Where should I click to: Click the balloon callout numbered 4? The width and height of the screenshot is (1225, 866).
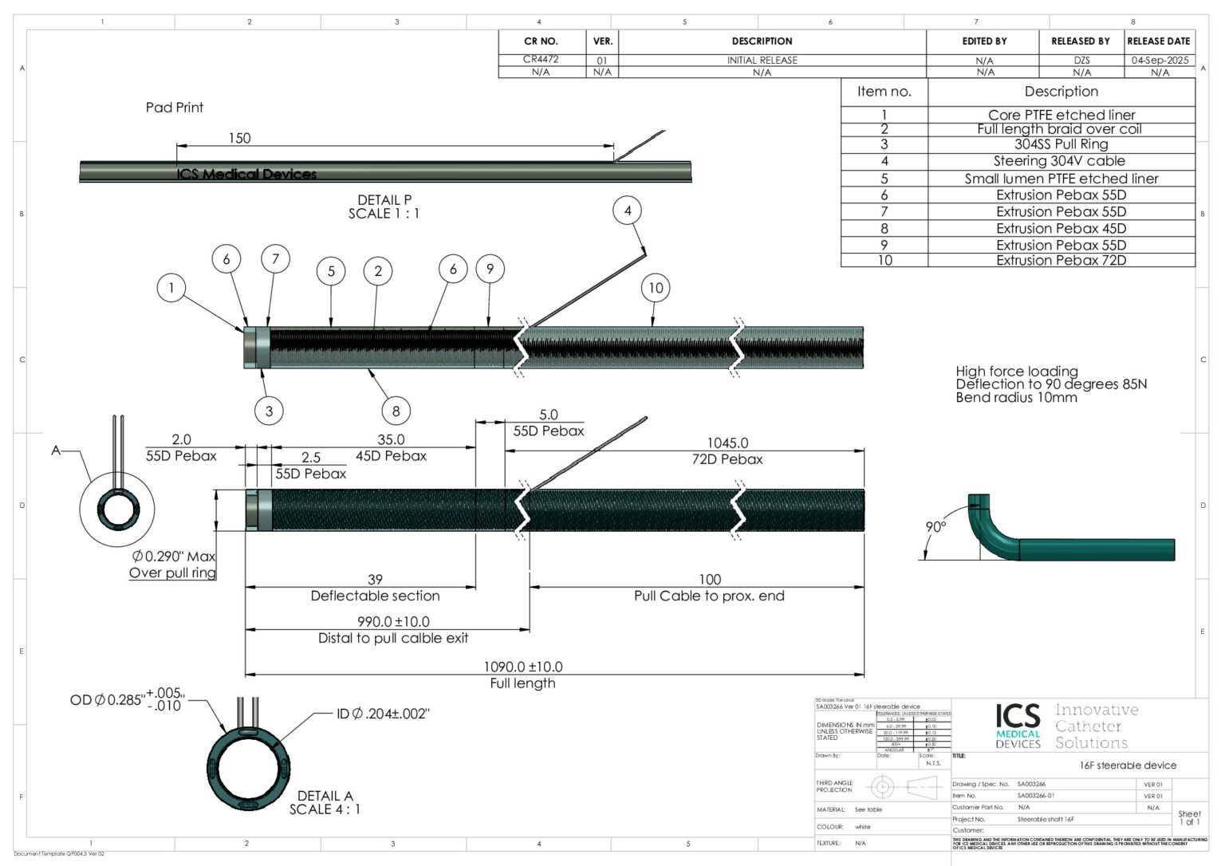(628, 211)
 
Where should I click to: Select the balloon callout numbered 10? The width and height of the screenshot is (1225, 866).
(656, 288)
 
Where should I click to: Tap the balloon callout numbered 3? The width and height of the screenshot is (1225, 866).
(269, 411)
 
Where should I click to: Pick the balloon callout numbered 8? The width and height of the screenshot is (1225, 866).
(396, 411)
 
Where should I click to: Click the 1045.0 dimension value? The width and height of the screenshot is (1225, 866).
(727, 443)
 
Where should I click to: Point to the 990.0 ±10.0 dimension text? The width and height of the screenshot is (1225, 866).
(393, 621)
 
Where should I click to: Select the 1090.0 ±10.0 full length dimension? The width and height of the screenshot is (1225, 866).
(522, 667)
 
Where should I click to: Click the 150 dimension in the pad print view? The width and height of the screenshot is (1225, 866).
(239, 138)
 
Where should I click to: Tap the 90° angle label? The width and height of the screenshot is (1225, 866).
(935, 527)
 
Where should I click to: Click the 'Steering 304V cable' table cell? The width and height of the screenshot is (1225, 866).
(1061, 161)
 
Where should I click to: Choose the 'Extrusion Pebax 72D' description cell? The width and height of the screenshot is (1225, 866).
(1061, 260)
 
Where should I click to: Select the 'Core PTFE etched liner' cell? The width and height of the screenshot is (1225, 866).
(1061, 115)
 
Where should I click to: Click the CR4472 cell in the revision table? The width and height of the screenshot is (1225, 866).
(541, 59)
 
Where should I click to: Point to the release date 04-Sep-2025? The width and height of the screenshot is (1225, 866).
(1160, 60)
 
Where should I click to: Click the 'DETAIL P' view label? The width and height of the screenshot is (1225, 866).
(384, 200)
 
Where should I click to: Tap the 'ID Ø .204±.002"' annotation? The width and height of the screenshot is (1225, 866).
(383, 714)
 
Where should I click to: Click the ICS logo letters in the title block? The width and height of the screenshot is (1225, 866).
(1018, 715)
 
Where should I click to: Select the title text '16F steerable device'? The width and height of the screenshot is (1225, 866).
(1128, 765)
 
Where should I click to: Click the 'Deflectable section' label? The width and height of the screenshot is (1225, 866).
(375, 596)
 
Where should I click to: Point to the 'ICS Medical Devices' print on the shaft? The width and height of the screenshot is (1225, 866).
(246, 174)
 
